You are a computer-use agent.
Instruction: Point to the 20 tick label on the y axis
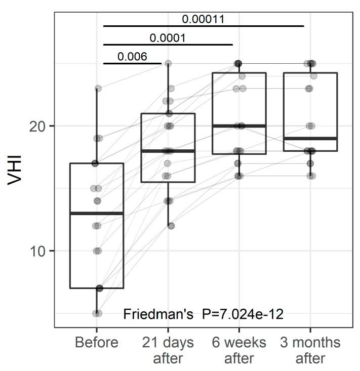point(38,126)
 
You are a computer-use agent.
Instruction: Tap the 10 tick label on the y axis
point(38,251)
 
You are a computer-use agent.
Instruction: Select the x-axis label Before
point(96,343)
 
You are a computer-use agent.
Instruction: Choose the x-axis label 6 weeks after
point(239,350)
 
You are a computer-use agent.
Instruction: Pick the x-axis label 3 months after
point(310,350)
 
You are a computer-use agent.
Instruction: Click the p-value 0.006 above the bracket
point(132,56)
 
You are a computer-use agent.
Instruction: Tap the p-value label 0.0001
point(168,38)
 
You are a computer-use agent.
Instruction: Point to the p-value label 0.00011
point(203,19)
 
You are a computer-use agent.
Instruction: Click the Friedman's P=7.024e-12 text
point(204,314)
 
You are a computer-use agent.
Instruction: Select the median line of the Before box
point(96,214)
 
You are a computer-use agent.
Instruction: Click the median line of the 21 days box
point(168,151)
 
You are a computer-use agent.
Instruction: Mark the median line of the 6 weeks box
point(239,126)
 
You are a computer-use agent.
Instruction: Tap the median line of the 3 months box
point(310,138)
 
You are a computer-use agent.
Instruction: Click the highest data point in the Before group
point(98,89)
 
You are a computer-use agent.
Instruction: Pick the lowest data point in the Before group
point(97,313)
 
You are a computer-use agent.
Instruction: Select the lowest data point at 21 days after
point(171,226)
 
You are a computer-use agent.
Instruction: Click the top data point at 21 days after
point(168,63)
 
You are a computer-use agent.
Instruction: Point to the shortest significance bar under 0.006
point(132,63)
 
